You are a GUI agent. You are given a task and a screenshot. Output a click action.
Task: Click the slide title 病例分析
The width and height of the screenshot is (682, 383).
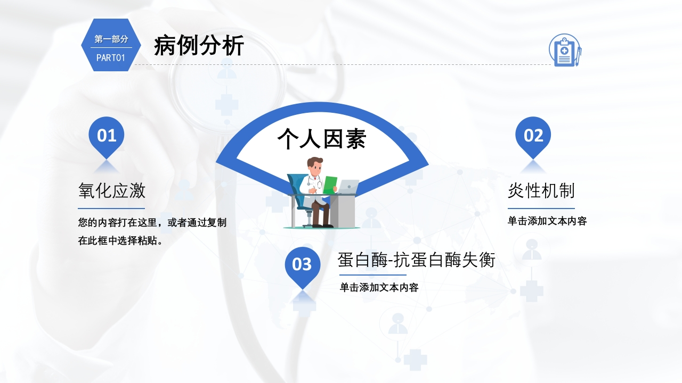tap(199, 45)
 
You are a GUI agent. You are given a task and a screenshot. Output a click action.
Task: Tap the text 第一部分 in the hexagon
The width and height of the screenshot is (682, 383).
tap(111, 39)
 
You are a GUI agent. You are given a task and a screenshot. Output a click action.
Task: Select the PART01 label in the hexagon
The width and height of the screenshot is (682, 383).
tap(110, 58)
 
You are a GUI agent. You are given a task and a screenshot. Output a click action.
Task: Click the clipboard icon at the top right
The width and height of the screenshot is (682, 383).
tap(565, 50)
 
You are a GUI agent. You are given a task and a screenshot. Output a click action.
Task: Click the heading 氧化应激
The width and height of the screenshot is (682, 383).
tap(112, 191)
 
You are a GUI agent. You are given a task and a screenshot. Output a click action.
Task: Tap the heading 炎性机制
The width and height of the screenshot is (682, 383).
tap(541, 191)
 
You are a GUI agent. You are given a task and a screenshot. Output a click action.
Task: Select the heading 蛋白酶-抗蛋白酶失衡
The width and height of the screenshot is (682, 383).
tap(416, 260)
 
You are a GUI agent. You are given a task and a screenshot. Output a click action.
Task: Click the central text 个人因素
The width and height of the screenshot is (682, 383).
tap(321, 139)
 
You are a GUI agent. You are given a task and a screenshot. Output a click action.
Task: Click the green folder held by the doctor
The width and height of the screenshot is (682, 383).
tap(330, 185)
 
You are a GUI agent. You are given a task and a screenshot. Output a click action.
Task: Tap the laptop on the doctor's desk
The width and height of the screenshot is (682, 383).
tap(348, 186)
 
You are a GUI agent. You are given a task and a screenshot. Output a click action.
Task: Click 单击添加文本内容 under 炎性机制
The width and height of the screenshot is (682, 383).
tap(547, 221)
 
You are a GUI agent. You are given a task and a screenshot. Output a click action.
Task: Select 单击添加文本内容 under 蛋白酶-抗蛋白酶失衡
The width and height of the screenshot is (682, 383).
tap(379, 287)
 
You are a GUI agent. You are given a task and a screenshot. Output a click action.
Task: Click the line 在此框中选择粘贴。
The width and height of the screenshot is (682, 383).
tap(121, 241)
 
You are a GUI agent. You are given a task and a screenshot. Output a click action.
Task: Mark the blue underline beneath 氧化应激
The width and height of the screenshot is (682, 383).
tap(111, 209)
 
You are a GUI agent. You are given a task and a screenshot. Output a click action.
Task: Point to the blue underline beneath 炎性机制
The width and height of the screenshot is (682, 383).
tap(541, 209)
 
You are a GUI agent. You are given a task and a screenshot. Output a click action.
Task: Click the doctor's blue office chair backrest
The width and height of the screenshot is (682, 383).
tap(295, 186)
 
